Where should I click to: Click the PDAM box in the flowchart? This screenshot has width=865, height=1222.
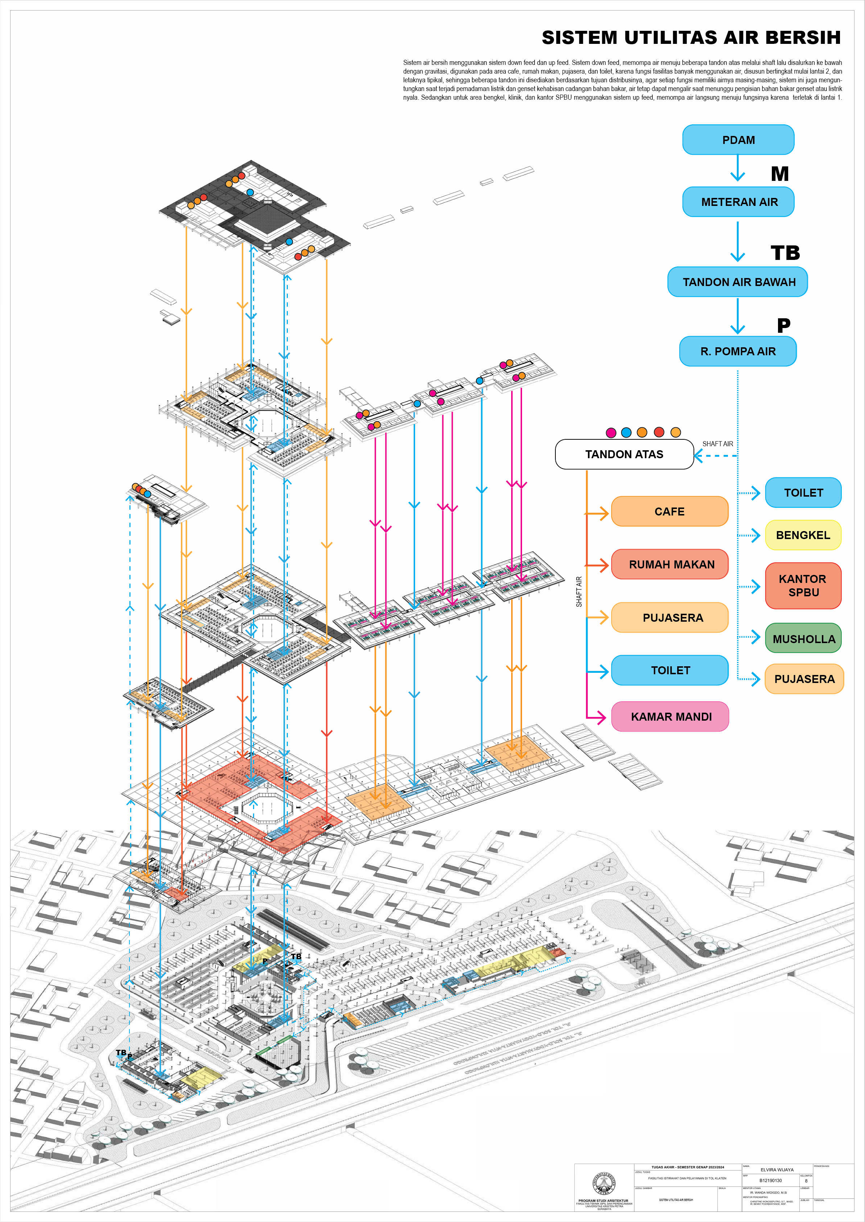click(738, 140)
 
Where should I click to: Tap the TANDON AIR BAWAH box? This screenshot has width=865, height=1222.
click(738, 282)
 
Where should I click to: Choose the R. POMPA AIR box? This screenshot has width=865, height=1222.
click(738, 351)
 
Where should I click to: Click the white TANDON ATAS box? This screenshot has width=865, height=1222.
click(624, 454)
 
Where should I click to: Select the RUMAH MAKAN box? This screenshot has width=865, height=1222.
click(670, 564)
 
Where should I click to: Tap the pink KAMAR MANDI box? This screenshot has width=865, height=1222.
click(670, 717)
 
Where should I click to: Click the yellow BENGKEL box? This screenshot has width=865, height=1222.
click(803, 535)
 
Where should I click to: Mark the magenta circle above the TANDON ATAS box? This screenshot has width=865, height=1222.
click(611, 432)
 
